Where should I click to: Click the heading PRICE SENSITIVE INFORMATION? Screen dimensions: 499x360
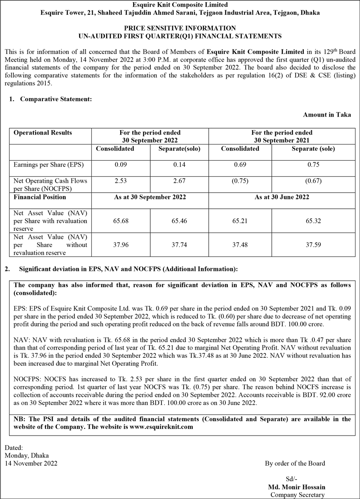click(180, 28)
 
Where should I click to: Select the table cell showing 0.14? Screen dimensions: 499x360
click(180, 165)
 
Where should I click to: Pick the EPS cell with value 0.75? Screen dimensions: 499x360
click(313, 165)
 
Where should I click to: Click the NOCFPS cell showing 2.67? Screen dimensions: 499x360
click(180, 181)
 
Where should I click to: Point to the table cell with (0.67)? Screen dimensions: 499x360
click(313, 181)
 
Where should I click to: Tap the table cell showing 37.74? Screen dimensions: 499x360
click(180, 246)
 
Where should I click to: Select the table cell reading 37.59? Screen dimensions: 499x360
click(313, 246)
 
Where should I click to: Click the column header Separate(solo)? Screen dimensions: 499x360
click(180, 148)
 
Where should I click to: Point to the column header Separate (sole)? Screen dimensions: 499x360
click(313, 148)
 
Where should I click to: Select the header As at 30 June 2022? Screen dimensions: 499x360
click(282, 197)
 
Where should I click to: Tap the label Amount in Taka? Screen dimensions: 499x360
click(327, 115)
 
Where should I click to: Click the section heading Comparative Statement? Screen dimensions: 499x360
click(56, 99)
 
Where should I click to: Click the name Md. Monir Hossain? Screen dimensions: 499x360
click(297, 487)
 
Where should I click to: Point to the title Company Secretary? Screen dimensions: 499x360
click(297, 495)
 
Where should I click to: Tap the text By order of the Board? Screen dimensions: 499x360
click(295, 463)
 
